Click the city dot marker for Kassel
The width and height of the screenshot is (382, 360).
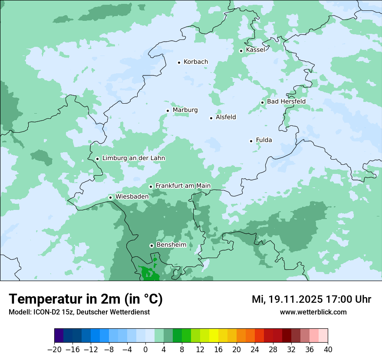pyautogui.click(x=241, y=51)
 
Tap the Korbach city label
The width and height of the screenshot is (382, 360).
pyautogui.click(x=196, y=62)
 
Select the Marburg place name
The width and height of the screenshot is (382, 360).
pyautogui.click(x=185, y=110)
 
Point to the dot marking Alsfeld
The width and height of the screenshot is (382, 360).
pyautogui.click(x=211, y=118)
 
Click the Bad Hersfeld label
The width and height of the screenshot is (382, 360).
pyautogui.click(x=286, y=101)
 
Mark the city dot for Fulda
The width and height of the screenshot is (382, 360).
pyautogui.click(x=251, y=141)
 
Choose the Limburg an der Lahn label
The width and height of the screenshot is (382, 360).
pyautogui.click(x=133, y=158)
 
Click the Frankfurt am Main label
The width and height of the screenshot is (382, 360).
pyautogui.click(x=183, y=186)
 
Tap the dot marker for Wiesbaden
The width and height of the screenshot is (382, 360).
pyautogui.click(x=110, y=198)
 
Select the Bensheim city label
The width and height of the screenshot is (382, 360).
pyautogui.click(x=171, y=245)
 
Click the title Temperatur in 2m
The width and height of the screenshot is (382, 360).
pyautogui.click(x=86, y=299)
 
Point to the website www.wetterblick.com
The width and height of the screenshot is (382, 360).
pyautogui.click(x=313, y=312)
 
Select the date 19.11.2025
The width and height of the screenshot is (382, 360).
pyautogui.click(x=295, y=299)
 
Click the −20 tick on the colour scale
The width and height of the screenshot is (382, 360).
pyautogui.click(x=54, y=350)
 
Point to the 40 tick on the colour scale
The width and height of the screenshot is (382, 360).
pyautogui.click(x=328, y=350)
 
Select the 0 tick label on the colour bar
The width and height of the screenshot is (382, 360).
pyautogui.click(x=145, y=350)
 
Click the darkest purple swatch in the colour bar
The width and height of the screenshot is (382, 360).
pyautogui.click(x=59, y=336)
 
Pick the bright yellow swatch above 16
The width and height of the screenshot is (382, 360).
pyautogui.click(x=214, y=336)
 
